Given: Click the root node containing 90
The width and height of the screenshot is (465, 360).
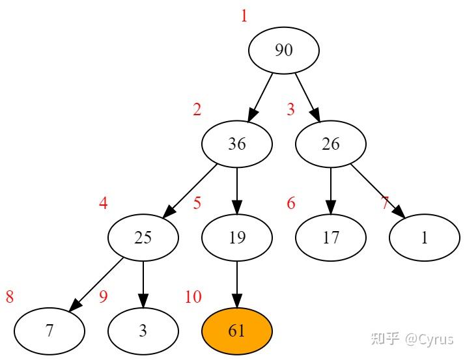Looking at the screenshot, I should pyautogui.click(x=284, y=50).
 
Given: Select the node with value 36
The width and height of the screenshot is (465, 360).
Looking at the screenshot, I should pyautogui.click(x=237, y=144).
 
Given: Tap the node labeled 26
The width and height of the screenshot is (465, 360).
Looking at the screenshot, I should pyautogui.click(x=331, y=144).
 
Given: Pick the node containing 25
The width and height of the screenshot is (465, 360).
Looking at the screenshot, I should pyautogui.click(x=143, y=238).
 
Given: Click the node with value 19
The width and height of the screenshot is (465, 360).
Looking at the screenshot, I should pyautogui.click(x=237, y=238).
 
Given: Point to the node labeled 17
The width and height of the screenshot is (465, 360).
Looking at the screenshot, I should pyautogui.click(x=331, y=238).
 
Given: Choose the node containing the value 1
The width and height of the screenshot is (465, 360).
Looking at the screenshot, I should pyautogui.click(x=425, y=238).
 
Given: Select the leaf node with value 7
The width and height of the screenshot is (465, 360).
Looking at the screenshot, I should pyautogui.click(x=49, y=331).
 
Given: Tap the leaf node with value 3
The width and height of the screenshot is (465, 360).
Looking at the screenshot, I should pyautogui.click(x=143, y=331).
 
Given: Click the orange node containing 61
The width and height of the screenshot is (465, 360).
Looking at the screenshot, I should pyautogui.click(x=237, y=331).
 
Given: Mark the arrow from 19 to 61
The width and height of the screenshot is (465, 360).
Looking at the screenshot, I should pyautogui.click(x=237, y=284).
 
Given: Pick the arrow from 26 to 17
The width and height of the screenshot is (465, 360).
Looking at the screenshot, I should pyautogui.click(x=331, y=190).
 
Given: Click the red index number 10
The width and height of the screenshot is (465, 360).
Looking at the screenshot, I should pyautogui.click(x=193, y=298).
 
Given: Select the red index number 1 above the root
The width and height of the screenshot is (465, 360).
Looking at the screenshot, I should pyautogui.click(x=244, y=16).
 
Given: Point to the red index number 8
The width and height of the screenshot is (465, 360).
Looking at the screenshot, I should pyautogui.click(x=10, y=298).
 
